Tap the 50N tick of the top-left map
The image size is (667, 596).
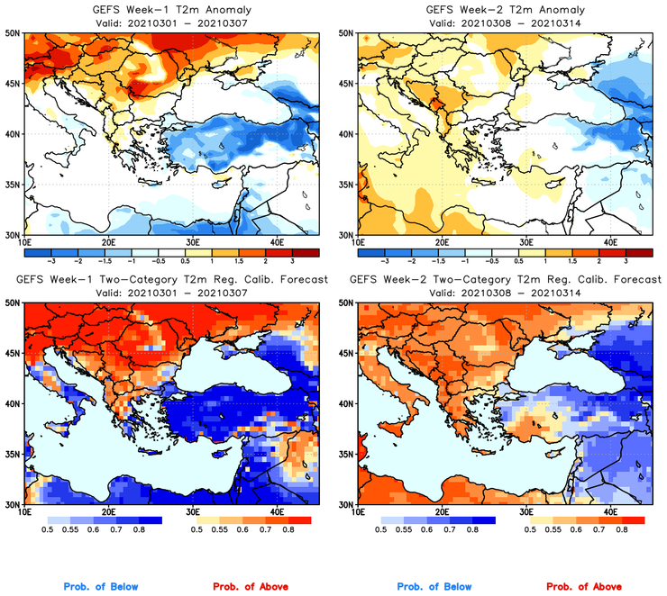(14, 33)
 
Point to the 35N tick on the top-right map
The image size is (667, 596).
(346, 185)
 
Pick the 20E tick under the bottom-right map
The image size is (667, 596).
(442, 511)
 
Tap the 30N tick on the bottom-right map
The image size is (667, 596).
(346, 504)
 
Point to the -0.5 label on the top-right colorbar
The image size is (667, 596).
(489, 259)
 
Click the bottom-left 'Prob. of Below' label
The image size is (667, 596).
(101, 586)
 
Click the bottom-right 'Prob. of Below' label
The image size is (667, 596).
(434, 586)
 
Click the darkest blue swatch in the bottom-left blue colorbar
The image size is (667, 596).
(149, 520)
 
